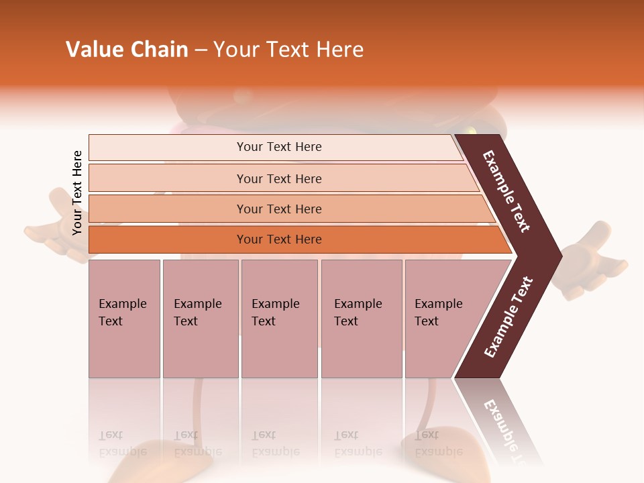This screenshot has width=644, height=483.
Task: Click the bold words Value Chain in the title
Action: point(127,50)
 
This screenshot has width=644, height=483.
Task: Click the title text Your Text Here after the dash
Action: point(288,50)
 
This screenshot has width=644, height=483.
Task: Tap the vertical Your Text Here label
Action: point(77,193)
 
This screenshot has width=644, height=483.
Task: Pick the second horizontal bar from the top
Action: point(278,178)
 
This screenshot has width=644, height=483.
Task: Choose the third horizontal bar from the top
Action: point(278,209)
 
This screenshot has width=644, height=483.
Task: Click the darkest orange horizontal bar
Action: point(278,239)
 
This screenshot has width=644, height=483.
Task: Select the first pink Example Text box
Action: point(124,319)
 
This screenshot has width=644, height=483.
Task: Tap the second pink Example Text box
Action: point(200,319)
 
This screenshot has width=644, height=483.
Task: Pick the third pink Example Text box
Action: point(279,319)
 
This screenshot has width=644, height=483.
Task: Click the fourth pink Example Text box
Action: point(361,319)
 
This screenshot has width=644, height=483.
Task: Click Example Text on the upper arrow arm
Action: point(507,192)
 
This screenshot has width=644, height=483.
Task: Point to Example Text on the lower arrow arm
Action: point(508,317)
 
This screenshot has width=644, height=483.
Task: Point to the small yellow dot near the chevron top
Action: point(472,130)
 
